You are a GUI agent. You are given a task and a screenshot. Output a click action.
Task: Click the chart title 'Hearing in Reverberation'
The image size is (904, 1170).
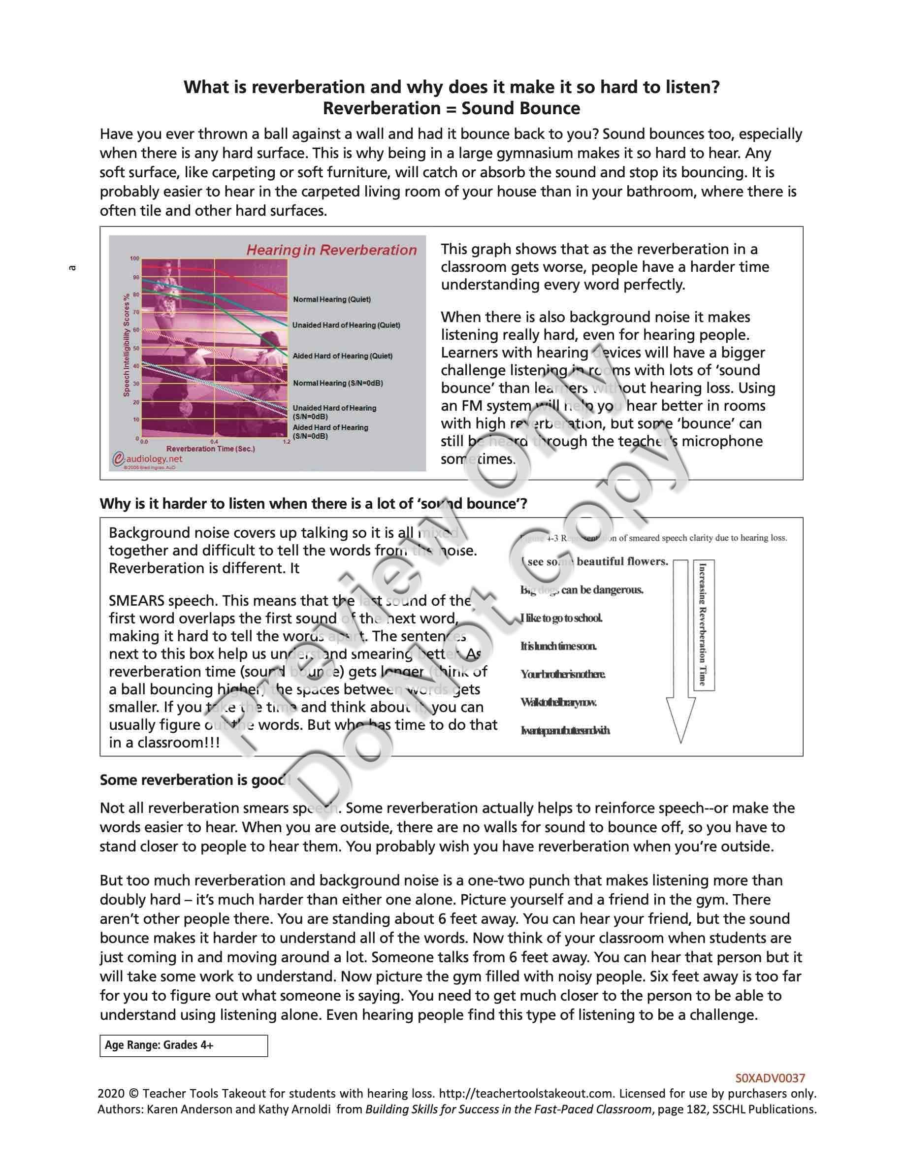(331, 250)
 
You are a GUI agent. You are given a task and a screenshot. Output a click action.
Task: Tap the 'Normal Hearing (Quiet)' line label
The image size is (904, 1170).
(331, 299)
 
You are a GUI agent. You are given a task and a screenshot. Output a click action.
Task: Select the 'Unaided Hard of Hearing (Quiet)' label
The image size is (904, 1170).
(346, 325)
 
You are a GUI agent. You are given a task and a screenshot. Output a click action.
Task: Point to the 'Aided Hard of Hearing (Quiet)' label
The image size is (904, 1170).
(342, 356)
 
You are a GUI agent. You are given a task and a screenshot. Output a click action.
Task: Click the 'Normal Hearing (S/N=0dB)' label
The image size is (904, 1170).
(337, 383)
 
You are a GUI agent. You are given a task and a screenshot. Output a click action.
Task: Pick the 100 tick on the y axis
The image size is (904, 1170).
(134, 259)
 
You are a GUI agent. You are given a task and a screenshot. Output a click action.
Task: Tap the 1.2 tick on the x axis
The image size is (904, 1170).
(287, 442)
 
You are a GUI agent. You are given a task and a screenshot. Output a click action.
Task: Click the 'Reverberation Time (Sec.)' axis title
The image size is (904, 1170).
(210, 449)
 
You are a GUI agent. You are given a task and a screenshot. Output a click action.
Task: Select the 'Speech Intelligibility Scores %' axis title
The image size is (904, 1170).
(127, 345)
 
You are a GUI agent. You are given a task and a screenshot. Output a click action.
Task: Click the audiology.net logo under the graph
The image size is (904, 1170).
(148, 459)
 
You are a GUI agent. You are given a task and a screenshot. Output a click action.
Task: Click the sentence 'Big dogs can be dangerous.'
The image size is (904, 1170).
(581, 590)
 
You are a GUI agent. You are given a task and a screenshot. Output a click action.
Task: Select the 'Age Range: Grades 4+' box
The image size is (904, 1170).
(183, 1045)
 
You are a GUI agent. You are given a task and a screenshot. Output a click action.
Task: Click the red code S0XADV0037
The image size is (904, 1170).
(770, 1078)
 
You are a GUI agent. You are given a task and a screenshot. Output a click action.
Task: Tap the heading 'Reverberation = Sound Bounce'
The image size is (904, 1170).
(451, 108)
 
